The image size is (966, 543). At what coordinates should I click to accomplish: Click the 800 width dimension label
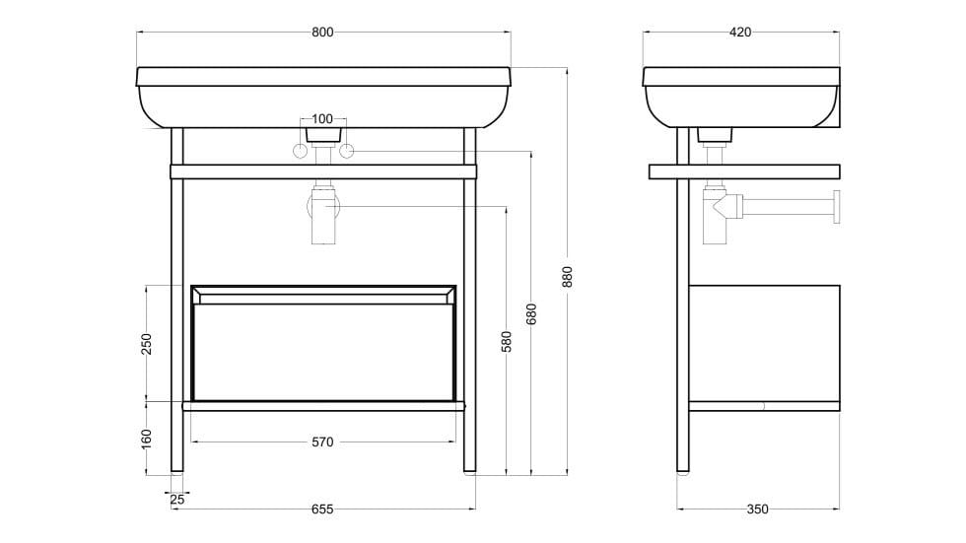[322, 32]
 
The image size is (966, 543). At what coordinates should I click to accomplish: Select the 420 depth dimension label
[740, 32]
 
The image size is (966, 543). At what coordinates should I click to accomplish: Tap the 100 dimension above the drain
[322, 118]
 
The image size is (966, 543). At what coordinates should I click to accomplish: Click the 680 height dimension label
[531, 312]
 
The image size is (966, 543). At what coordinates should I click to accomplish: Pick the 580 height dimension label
[506, 341]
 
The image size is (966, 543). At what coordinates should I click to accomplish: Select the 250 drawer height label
[146, 343]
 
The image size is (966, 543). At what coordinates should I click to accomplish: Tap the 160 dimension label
[146, 437]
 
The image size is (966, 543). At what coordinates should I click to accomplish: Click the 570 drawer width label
[322, 441]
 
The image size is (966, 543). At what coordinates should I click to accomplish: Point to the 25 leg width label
[177, 500]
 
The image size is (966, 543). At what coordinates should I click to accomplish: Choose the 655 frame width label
[322, 509]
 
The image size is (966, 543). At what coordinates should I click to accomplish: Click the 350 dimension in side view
[757, 509]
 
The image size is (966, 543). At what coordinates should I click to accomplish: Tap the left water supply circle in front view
[299, 151]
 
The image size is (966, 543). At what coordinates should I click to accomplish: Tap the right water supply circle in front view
[346, 151]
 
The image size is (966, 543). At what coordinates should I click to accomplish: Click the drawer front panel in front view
[322, 351]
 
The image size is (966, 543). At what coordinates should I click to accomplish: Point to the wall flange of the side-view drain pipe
[836, 207]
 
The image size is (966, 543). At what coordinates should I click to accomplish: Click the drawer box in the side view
[764, 342]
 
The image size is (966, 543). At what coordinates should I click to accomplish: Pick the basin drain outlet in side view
[716, 135]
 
